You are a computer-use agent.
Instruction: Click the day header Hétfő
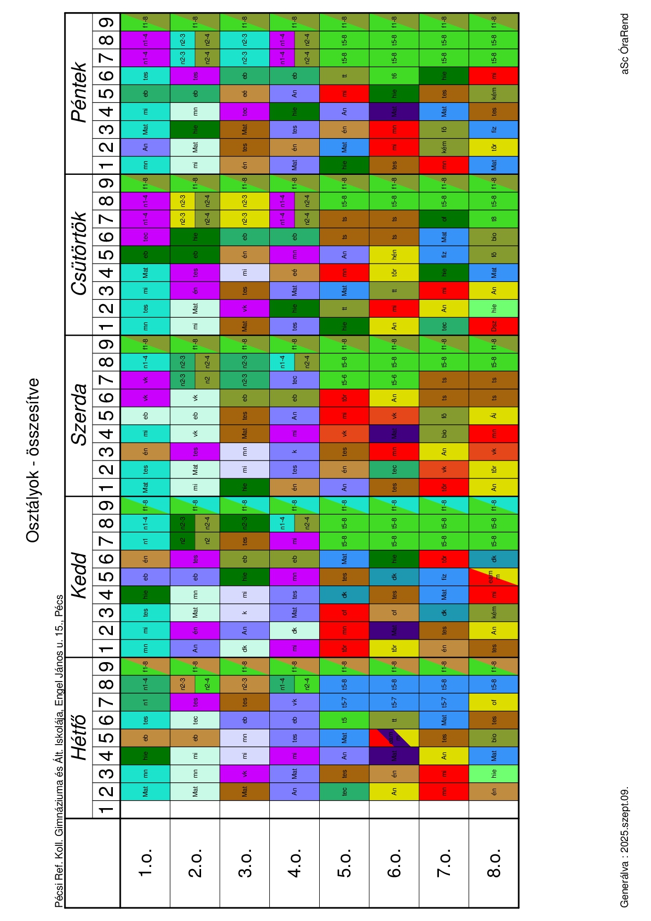click(x=79, y=738)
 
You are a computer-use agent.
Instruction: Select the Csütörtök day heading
click(x=79, y=254)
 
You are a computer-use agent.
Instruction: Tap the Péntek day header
click(x=79, y=92)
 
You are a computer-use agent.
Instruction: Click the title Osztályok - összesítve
click(x=33, y=460)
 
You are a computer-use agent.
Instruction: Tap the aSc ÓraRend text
click(x=625, y=44)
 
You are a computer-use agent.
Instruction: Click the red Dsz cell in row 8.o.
click(x=494, y=326)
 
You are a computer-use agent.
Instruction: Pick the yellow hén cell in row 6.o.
click(x=394, y=255)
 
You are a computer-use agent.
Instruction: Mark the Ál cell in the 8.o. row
click(x=494, y=416)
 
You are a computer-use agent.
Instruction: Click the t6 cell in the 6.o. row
click(x=394, y=76)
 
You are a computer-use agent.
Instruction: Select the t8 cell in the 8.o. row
click(x=494, y=219)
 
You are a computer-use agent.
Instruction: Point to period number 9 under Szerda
click(x=107, y=344)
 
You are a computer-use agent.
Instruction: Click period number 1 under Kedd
click(x=107, y=648)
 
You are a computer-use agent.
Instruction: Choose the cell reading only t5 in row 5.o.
click(x=344, y=720)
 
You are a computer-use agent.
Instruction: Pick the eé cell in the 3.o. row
click(x=245, y=93)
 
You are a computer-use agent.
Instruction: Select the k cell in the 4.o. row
click(x=295, y=452)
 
